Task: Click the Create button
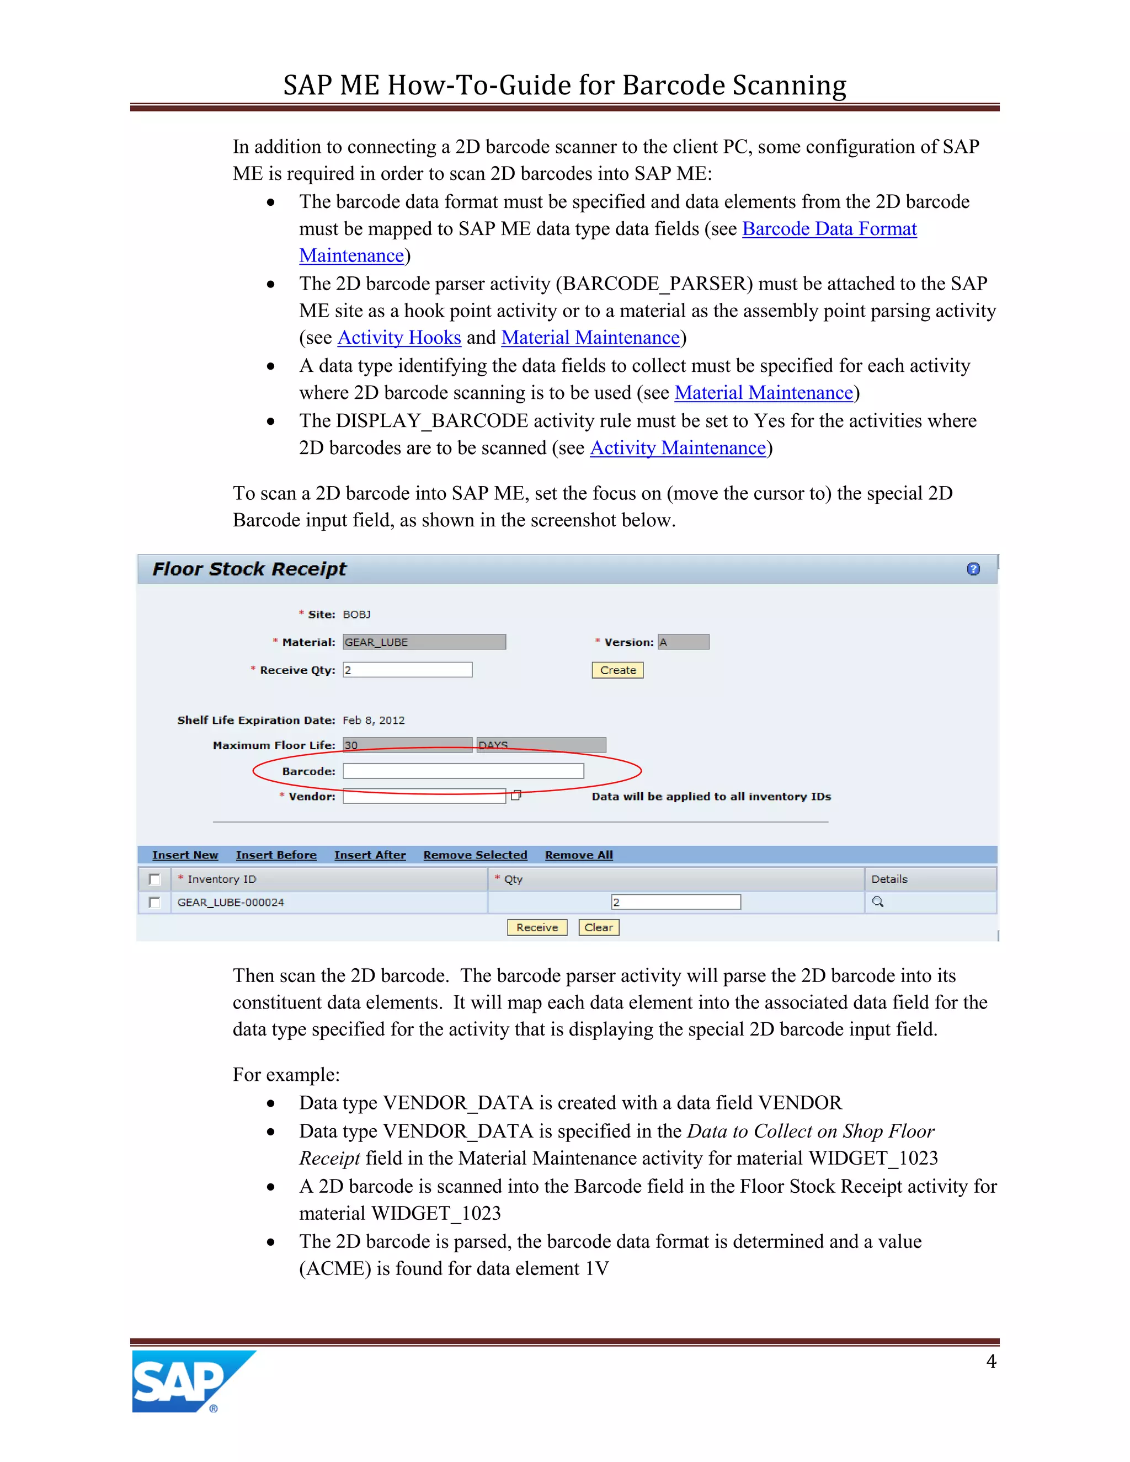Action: point(617,670)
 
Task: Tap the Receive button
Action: point(537,927)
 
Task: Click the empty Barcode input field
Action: point(463,771)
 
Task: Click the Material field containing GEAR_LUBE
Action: point(424,642)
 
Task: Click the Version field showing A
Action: point(683,642)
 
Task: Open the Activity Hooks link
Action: point(399,338)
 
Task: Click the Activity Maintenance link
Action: point(678,448)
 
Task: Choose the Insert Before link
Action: point(276,855)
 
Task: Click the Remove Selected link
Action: point(475,855)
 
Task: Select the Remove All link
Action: point(579,855)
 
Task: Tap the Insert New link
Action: point(185,855)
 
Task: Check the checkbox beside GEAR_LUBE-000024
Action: point(154,903)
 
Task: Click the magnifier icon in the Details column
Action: point(878,901)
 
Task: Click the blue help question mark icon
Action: point(973,569)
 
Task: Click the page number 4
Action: point(991,1362)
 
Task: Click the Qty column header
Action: point(514,879)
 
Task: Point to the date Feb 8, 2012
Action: point(374,721)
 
